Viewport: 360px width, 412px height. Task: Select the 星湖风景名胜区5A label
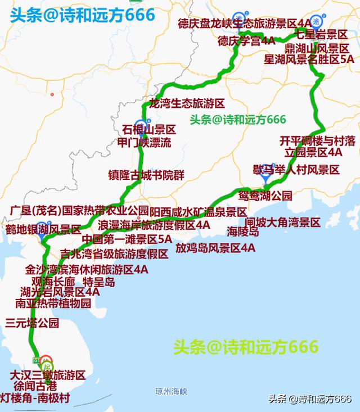coord(312,58)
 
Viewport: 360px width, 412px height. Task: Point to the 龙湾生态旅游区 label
coord(187,104)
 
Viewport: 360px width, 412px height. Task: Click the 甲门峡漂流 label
coord(143,142)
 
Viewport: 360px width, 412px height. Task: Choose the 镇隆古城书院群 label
coord(146,174)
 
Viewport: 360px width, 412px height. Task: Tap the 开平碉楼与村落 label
coord(317,140)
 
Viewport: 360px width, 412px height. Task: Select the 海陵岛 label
coord(243,231)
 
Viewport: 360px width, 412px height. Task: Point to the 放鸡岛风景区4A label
coord(215,247)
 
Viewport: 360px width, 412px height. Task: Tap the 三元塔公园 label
coord(32,323)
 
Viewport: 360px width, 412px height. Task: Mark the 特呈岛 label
coord(98,282)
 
